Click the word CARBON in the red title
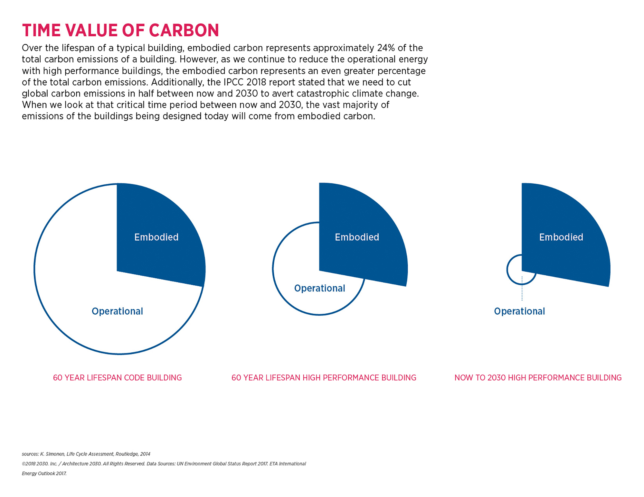184,31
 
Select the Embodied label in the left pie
156,237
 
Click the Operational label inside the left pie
117,311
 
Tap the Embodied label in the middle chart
357,237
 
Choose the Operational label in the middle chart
319,288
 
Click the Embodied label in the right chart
561,237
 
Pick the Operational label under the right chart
519,311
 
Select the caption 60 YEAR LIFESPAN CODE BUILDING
117,378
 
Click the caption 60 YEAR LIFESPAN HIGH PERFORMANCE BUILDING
324,378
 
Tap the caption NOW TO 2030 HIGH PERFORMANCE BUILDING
538,378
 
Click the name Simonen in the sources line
55,454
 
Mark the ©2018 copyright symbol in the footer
24,464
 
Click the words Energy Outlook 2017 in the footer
44,474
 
